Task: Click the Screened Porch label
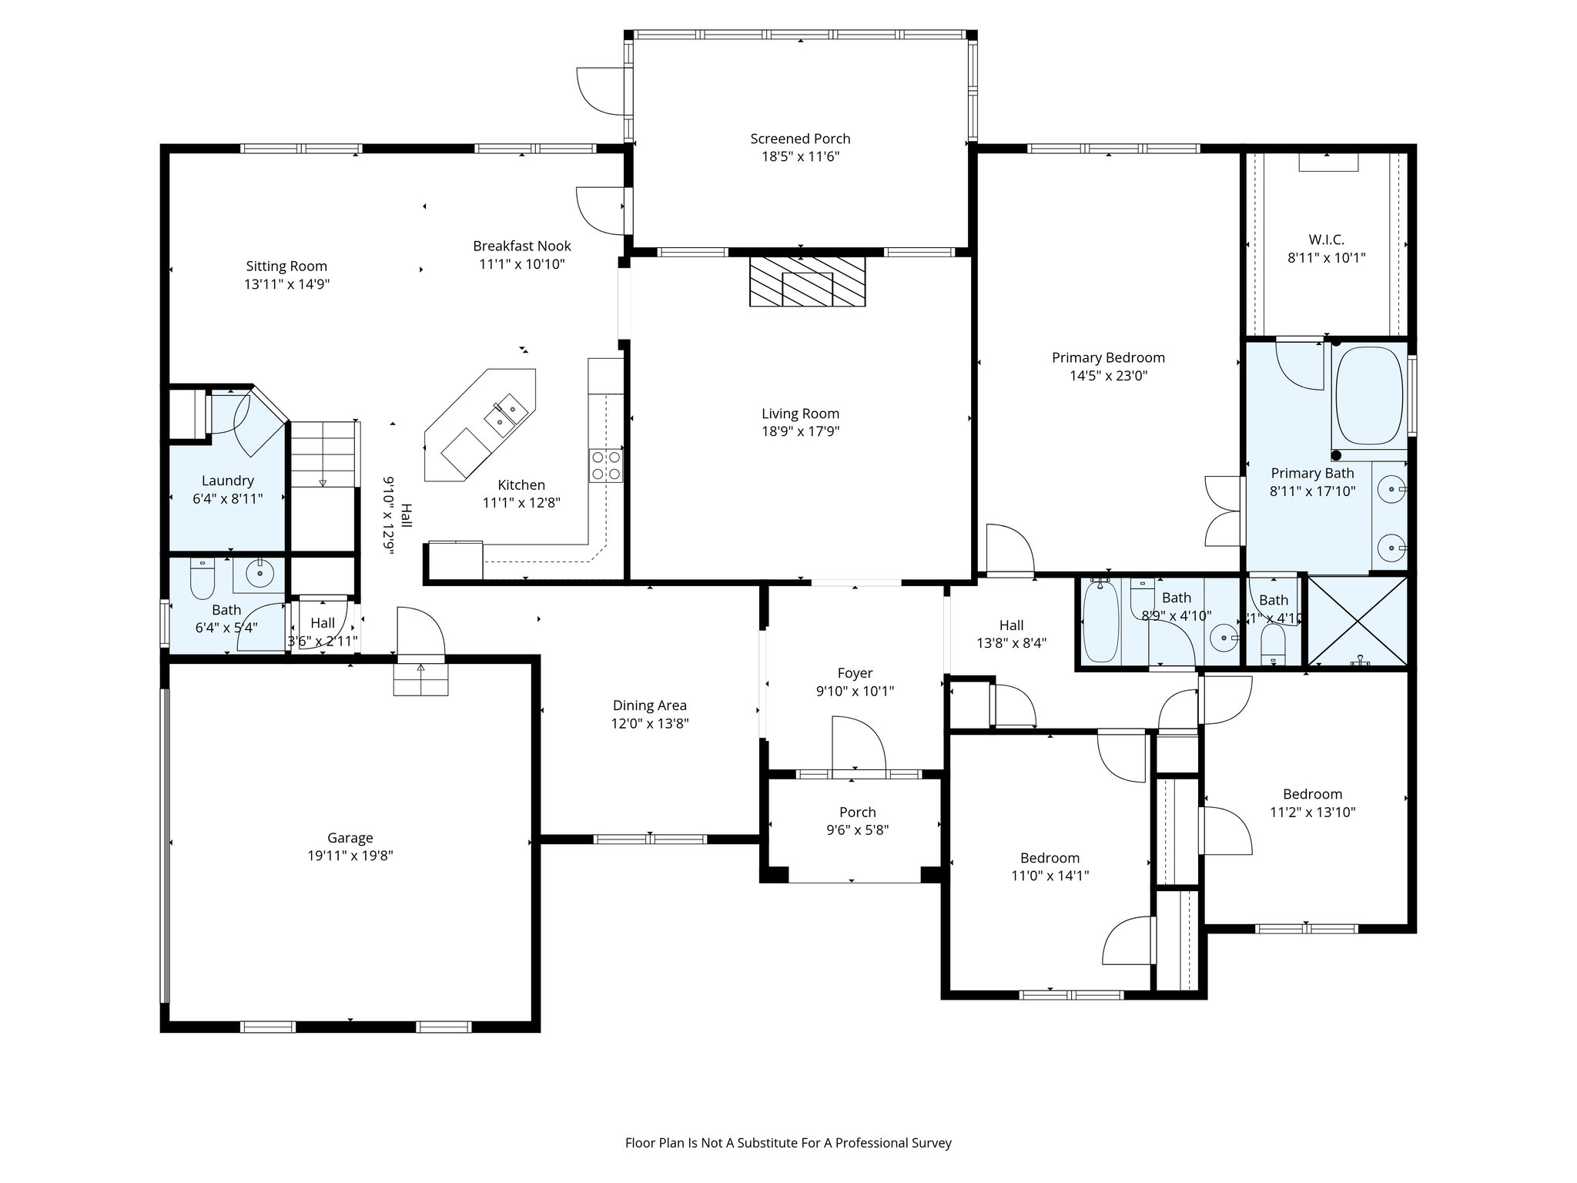pos(800,139)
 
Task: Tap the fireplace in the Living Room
pos(807,282)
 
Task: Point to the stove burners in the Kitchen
pos(606,465)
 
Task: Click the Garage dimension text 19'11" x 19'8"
pos(350,855)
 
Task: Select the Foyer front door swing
pos(859,742)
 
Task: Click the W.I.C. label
pos(1326,240)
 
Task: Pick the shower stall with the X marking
pos(1357,621)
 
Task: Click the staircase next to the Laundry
pos(323,454)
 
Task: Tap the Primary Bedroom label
pos(1108,357)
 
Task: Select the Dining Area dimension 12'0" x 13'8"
pos(650,723)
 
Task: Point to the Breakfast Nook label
pos(522,246)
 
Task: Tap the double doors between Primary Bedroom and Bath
pos(1224,511)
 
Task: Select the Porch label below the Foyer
pos(857,812)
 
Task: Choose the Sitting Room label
pos(286,266)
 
